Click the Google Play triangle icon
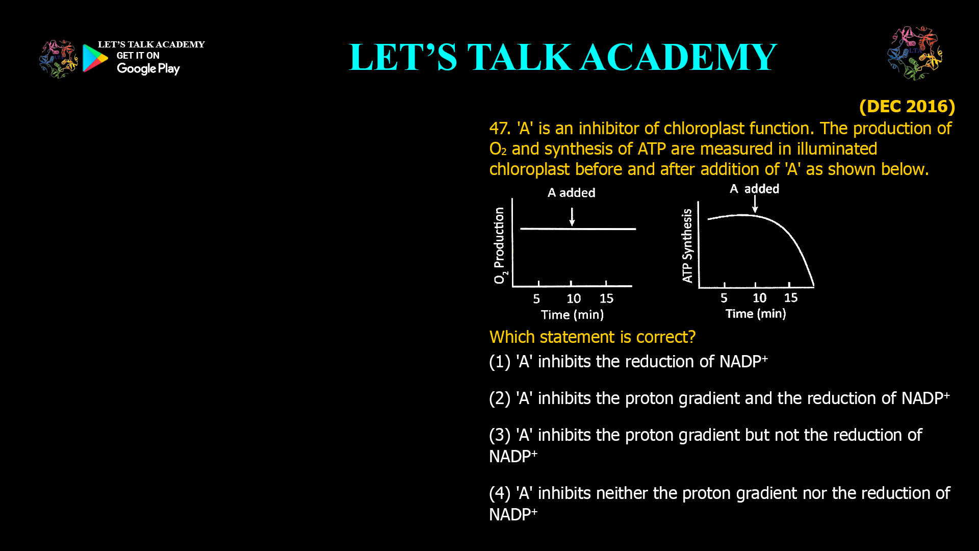pos(95,58)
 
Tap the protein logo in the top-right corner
pos(915,53)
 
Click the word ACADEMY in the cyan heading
pos(678,57)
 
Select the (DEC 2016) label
pos(907,106)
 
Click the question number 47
pos(499,129)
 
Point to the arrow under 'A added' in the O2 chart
pos(572,216)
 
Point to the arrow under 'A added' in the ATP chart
pos(755,204)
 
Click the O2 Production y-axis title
pos(500,245)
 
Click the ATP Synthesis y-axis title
pos(687,245)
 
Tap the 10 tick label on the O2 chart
pos(574,298)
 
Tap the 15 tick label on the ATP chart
pos(790,298)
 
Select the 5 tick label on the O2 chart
pos(536,298)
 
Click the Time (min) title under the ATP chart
pos(756,314)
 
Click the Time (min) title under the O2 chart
pos(572,315)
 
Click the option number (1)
pos(499,362)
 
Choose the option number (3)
pos(499,435)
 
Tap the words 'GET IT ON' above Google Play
pos(138,56)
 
